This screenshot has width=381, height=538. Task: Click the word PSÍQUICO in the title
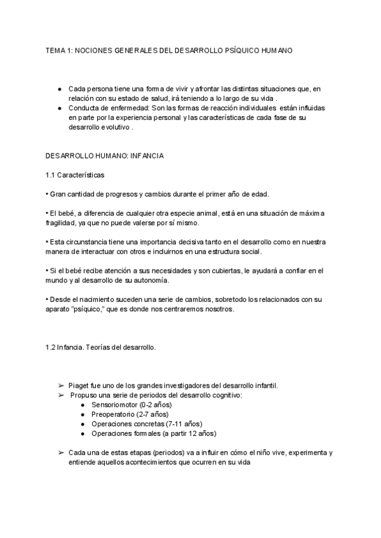243,49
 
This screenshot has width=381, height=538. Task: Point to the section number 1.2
51,348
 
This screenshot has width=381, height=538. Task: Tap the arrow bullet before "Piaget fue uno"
61,386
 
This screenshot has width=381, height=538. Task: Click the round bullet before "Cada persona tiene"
60,89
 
